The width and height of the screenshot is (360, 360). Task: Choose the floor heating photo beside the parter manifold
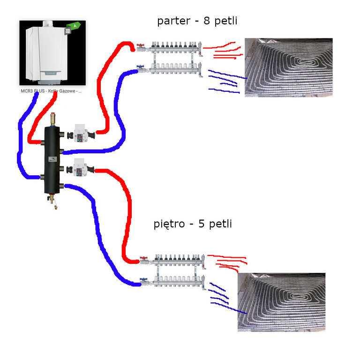(288, 67)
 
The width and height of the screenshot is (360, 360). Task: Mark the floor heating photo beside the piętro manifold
(281, 302)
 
